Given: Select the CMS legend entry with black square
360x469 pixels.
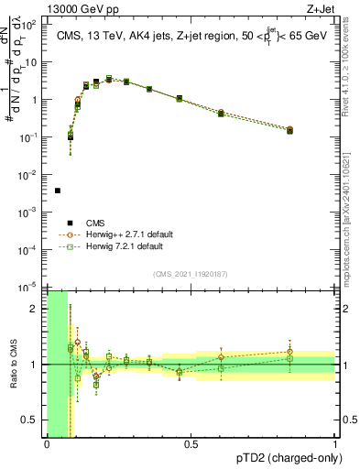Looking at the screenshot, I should coord(71,223).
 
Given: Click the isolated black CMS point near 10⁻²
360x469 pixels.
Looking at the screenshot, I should coord(58,191).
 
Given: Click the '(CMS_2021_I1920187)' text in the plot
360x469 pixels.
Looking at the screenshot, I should coord(191,274).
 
